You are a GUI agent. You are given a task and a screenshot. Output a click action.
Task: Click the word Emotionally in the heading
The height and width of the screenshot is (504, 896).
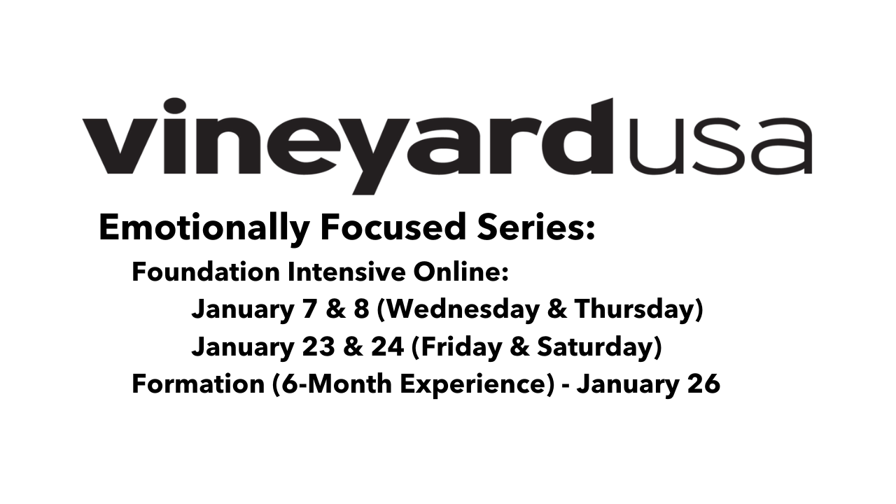click(x=203, y=229)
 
